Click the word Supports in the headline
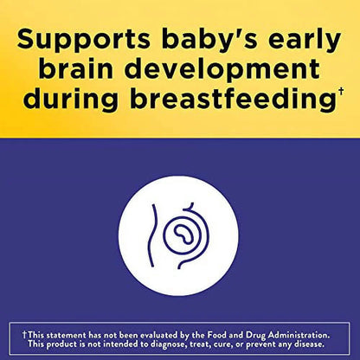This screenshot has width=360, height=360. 84,40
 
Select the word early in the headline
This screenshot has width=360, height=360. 305,40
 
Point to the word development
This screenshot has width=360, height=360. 222,70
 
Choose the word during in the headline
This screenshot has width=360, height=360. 71,100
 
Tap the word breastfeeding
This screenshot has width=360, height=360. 232,100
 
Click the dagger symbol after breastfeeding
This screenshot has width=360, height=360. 341,92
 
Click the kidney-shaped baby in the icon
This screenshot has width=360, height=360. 183,233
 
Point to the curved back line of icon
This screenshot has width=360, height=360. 152,235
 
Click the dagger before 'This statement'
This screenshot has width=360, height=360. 25,335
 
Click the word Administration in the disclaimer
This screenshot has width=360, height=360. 299,335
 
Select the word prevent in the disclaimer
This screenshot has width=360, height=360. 261,344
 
